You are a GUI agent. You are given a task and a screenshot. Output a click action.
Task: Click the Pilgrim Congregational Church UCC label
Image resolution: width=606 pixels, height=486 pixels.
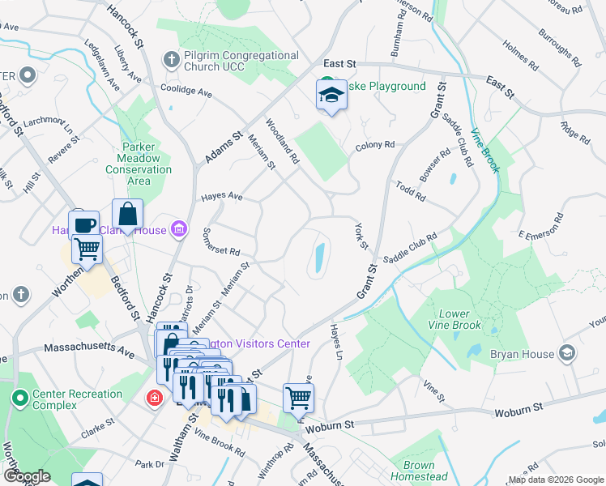click(241, 62)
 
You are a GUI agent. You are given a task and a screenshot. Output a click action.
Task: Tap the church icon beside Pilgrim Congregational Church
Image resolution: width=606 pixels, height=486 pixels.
click(171, 59)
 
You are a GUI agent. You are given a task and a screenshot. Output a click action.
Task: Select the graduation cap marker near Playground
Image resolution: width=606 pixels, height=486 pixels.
click(331, 96)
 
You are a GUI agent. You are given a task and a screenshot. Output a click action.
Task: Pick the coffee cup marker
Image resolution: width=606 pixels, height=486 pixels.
click(84, 224)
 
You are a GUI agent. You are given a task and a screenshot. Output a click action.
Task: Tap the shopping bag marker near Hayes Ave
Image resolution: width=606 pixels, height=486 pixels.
click(127, 214)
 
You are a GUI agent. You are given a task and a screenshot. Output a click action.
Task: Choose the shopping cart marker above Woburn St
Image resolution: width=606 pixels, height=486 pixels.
click(298, 398)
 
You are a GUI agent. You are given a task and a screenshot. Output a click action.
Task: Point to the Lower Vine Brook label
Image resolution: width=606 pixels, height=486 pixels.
click(459, 319)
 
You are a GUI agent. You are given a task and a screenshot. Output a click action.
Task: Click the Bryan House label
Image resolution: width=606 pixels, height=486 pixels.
click(522, 354)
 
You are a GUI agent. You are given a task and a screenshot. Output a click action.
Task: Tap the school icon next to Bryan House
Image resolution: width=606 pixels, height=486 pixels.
click(567, 353)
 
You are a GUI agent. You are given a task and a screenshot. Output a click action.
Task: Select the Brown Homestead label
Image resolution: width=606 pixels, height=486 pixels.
click(418, 471)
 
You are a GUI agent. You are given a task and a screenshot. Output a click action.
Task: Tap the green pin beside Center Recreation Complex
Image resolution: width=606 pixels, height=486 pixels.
click(19, 398)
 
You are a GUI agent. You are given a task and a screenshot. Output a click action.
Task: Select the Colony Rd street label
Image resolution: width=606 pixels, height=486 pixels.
click(374, 146)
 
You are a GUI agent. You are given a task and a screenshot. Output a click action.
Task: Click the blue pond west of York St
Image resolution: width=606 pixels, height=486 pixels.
click(319, 258)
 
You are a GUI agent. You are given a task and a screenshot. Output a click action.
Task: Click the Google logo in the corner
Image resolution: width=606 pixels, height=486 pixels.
click(28, 475)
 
